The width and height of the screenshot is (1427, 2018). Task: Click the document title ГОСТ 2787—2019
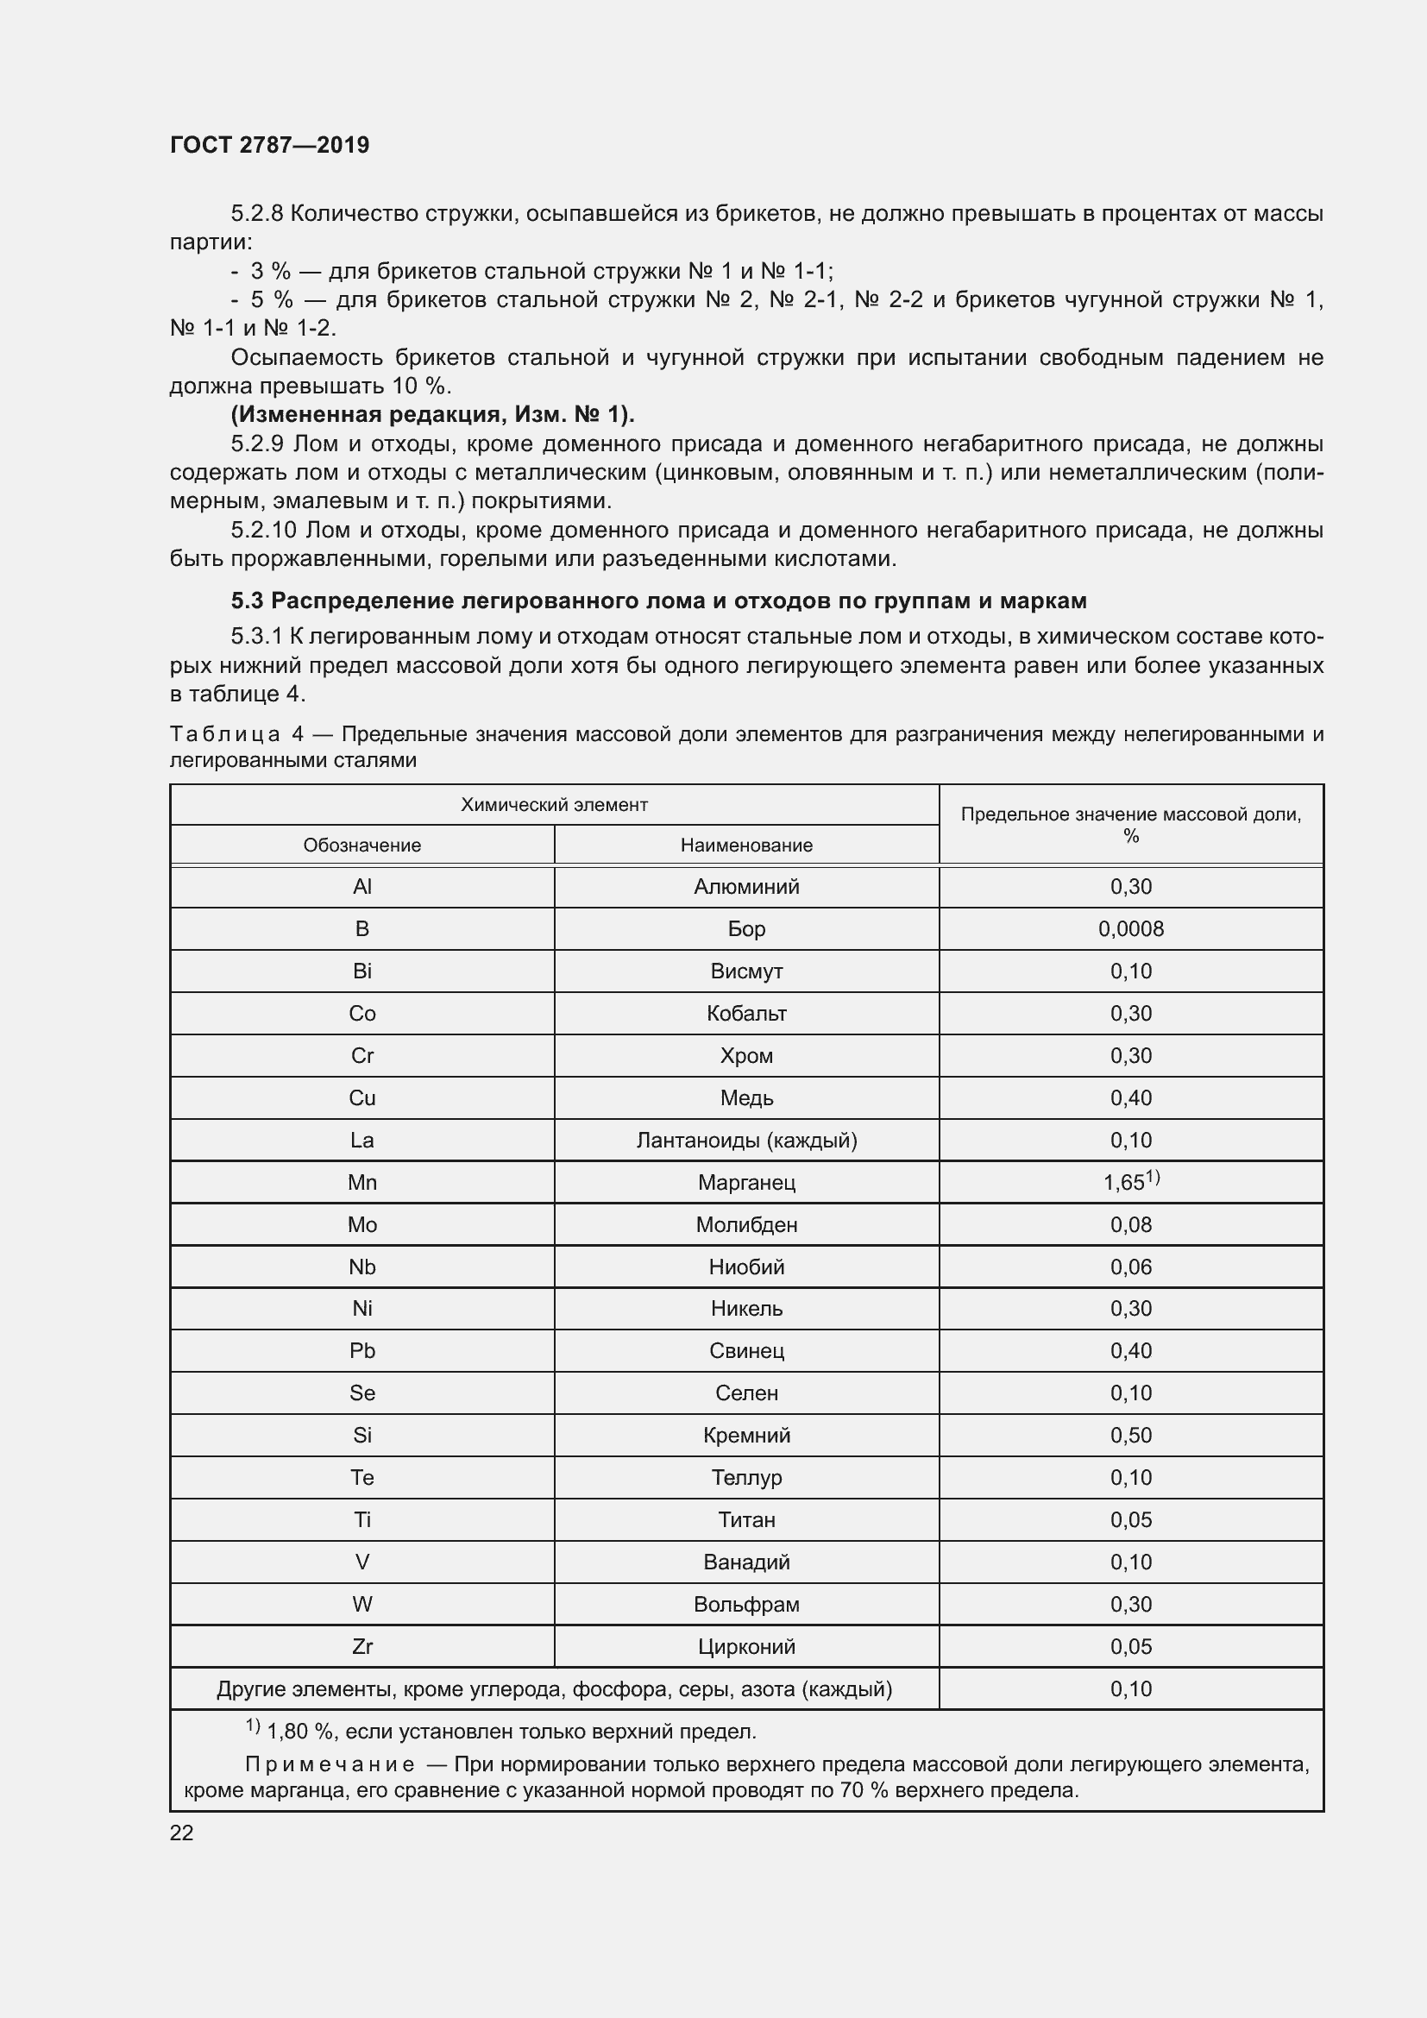(x=269, y=145)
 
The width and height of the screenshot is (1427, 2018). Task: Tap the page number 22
(x=181, y=1832)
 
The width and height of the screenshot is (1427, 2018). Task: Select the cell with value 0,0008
(x=1130, y=929)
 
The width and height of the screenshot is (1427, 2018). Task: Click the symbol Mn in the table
(x=362, y=1182)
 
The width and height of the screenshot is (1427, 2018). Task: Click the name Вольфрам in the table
(x=746, y=1604)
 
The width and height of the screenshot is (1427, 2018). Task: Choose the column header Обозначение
(x=362, y=845)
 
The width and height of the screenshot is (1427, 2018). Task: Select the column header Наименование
(x=746, y=845)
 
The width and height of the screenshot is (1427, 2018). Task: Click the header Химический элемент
(x=554, y=804)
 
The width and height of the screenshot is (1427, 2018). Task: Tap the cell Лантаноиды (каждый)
(x=746, y=1140)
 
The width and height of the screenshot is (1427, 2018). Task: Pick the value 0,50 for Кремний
(x=1130, y=1436)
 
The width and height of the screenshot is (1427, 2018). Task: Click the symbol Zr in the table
(x=362, y=1646)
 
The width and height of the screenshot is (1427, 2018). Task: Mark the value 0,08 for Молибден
(x=1130, y=1224)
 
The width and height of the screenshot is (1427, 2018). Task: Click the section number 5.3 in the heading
(x=247, y=601)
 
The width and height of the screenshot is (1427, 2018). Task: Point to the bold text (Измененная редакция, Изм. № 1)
(x=432, y=414)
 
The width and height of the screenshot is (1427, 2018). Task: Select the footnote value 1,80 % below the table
(x=299, y=1732)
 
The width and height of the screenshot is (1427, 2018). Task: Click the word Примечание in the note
(x=330, y=1765)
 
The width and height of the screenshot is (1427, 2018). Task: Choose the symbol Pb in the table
(x=362, y=1351)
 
